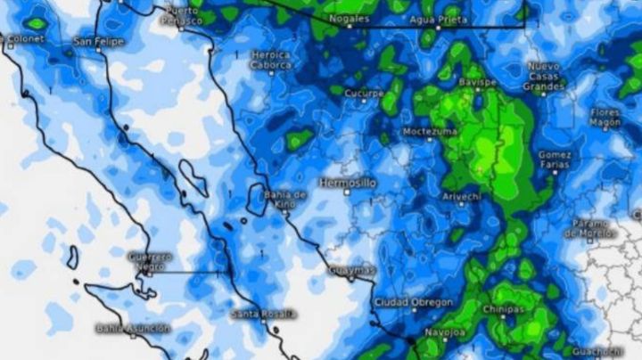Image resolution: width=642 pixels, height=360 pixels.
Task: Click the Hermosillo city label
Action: tap(348, 182)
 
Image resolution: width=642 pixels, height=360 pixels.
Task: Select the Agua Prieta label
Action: tap(435, 19)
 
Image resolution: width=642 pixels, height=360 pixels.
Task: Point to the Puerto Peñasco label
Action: tap(186, 14)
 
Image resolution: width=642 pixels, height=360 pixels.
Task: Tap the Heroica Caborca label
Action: tap(270, 60)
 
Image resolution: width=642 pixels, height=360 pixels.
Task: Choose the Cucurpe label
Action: tap(365, 92)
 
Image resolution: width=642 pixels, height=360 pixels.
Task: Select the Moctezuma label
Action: tap(430, 131)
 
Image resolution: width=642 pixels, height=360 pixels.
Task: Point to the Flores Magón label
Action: tap(605, 118)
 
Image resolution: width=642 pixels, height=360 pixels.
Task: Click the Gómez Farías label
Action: tap(555, 159)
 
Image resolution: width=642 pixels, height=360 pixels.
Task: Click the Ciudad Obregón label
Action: tap(413, 302)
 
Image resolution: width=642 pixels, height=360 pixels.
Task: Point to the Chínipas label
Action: tap(503, 309)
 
